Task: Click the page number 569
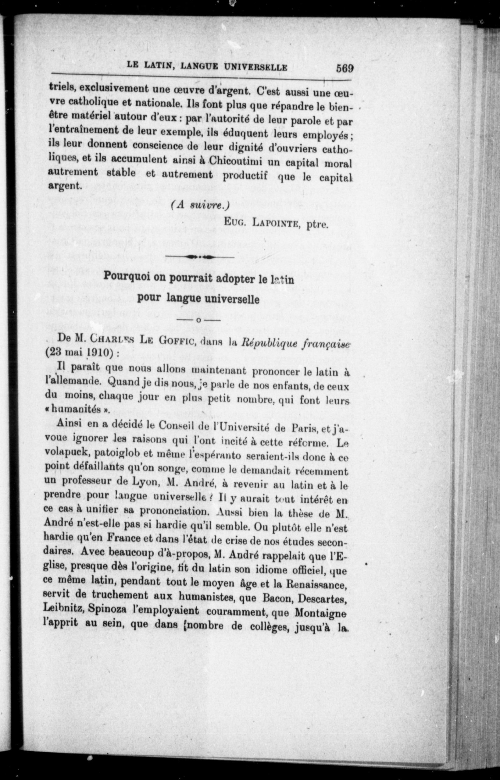(x=345, y=68)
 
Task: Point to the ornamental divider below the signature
(x=200, y=257)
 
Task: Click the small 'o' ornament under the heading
(x=198, y=321)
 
